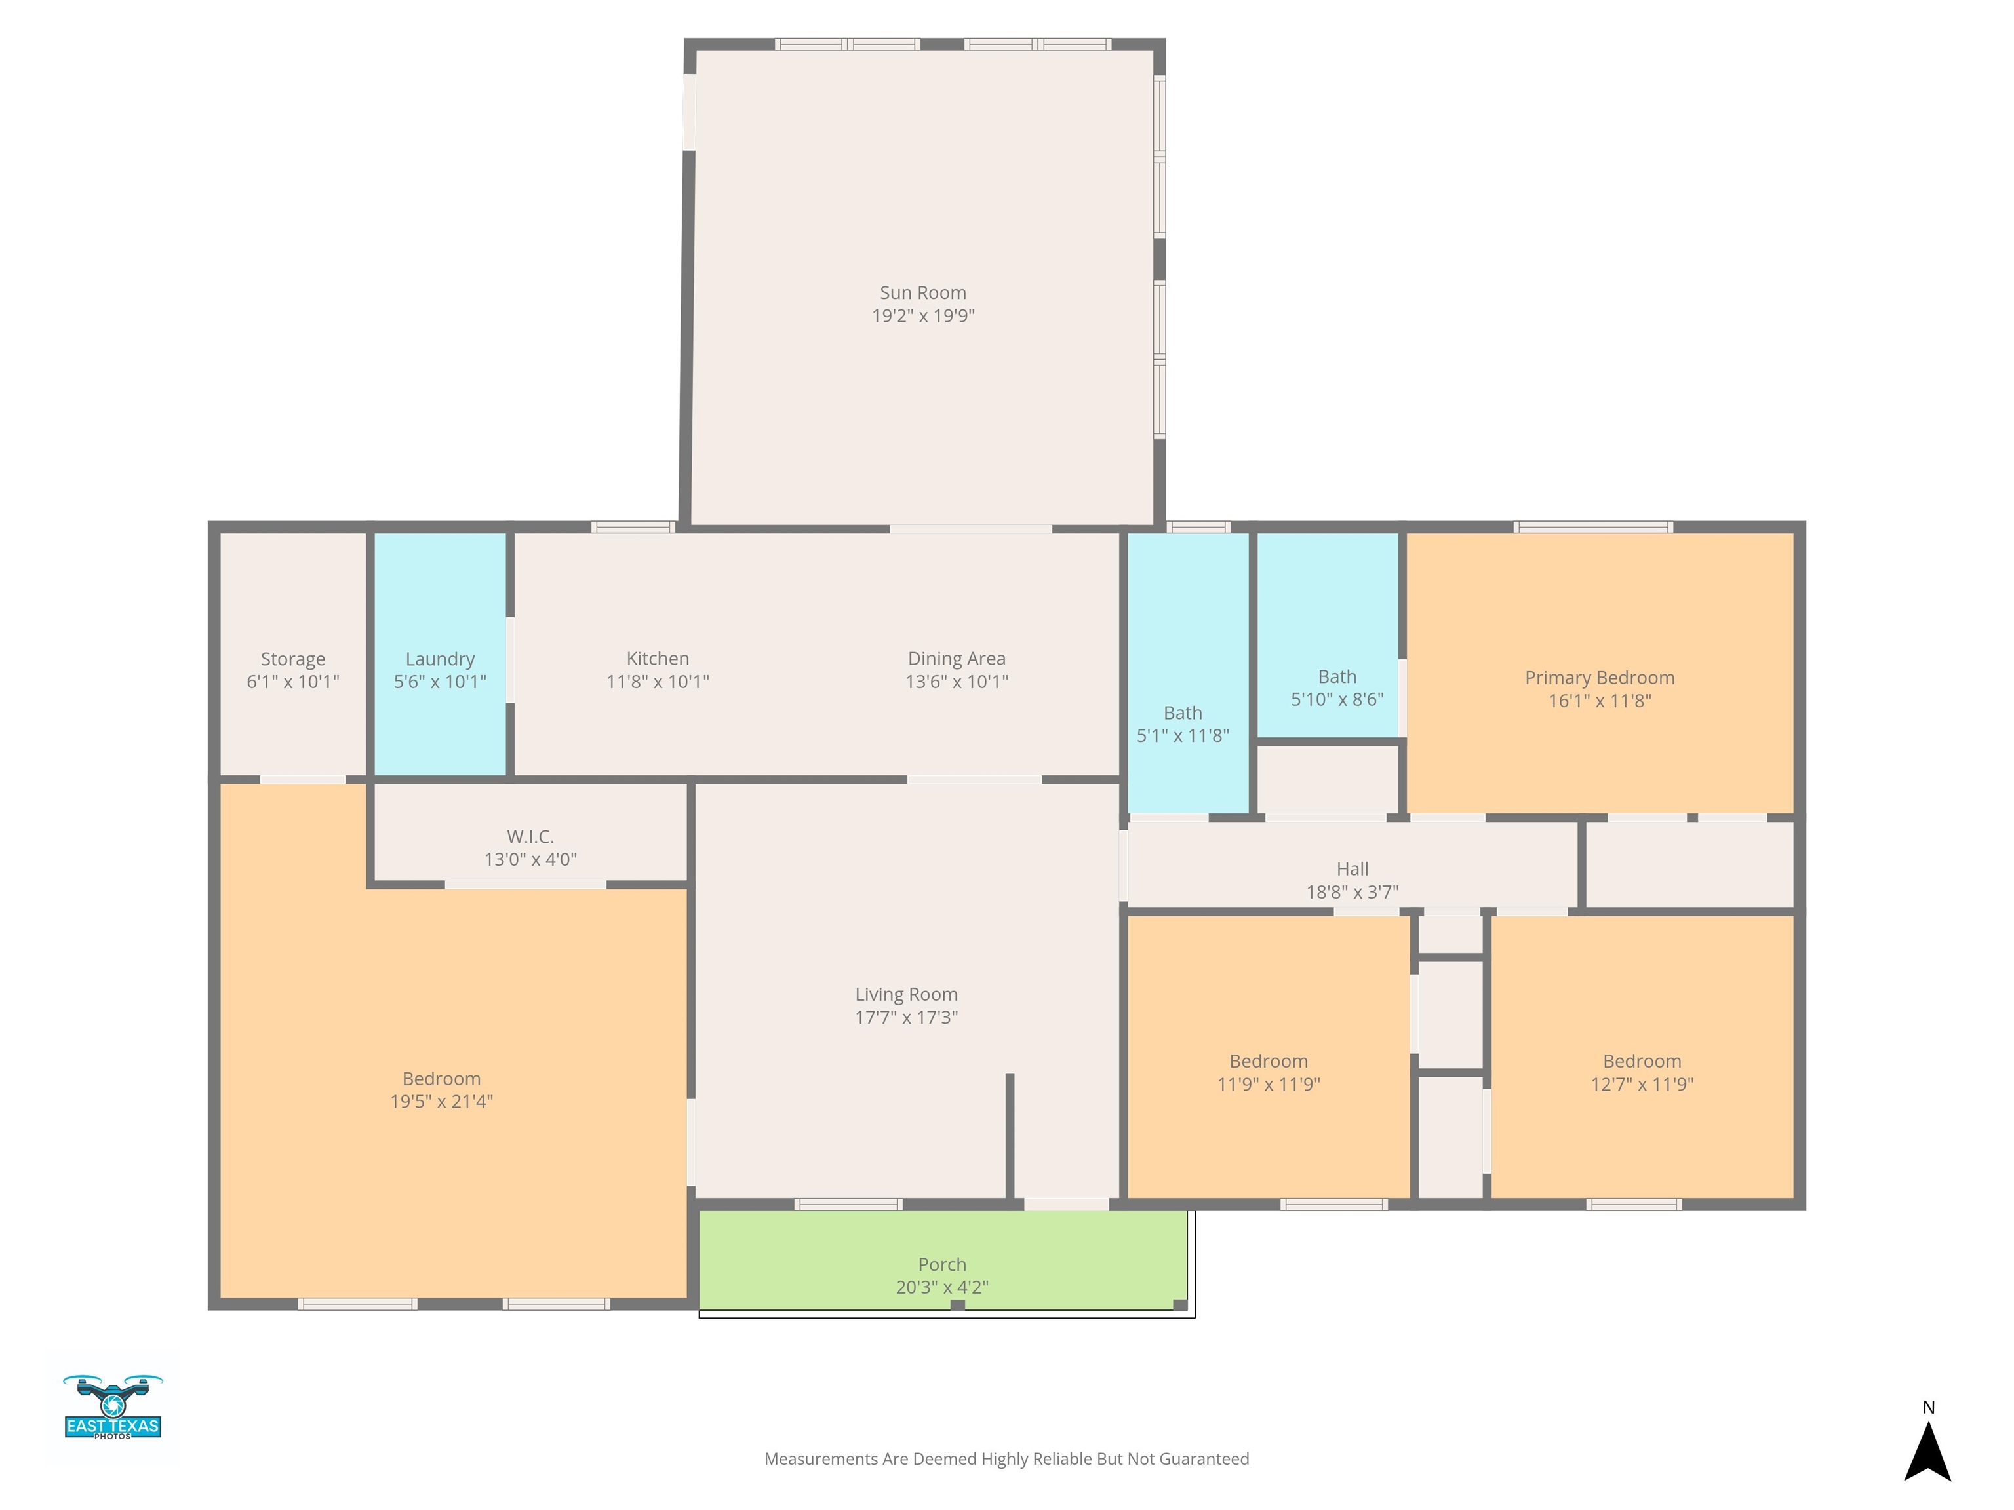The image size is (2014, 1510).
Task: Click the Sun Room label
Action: (922, 292)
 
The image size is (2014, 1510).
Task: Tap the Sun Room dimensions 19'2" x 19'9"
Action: (922, 316)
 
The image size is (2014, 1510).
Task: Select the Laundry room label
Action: (440, 659)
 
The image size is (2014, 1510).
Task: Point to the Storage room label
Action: (292, 659)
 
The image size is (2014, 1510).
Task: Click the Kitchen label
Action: (658, 658)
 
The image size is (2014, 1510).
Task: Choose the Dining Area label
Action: (956, 658)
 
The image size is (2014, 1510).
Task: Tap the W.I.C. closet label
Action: (530, 836)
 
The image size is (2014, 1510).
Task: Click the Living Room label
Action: (906, 994)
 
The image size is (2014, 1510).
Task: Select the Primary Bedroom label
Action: (1600, 677)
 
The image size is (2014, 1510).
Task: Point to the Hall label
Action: (1352, 868)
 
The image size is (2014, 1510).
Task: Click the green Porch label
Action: (941, 1264)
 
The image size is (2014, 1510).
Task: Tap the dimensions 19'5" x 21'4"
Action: (442, 1101)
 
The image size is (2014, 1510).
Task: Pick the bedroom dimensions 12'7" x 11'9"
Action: (1642, 1084)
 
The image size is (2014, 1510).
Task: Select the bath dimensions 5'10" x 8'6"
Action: (1337, 699)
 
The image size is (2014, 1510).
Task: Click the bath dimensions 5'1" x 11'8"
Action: (1183, 735)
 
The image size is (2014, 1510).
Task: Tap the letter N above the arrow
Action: (1927, 1407)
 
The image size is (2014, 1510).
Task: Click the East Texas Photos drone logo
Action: (113, 1406)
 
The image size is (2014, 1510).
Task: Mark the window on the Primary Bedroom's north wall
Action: (1593, 527)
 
